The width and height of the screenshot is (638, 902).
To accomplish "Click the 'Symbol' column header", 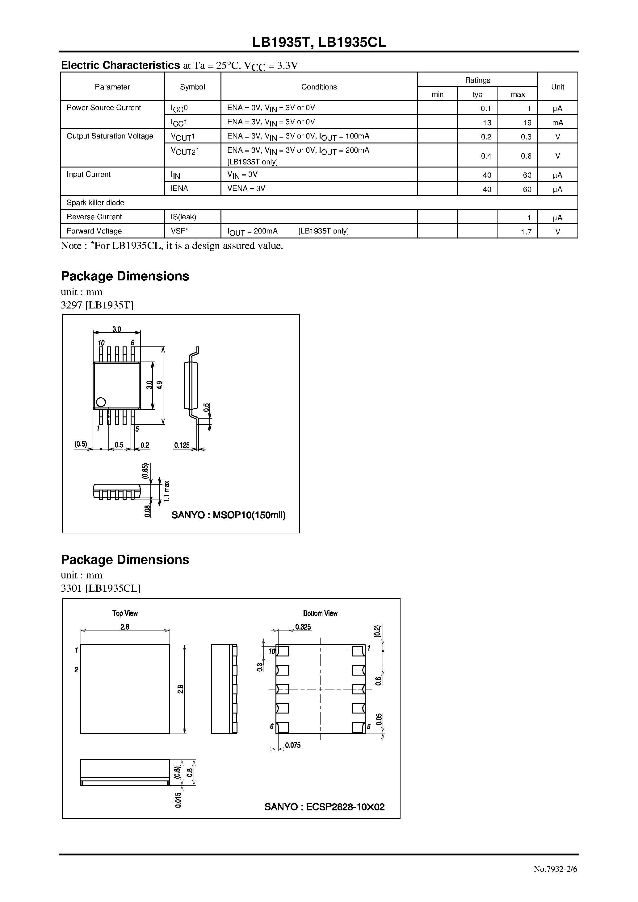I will pyautogui.click(x=192, y=87).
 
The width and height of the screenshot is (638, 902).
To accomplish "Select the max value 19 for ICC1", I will pyautogui.click(x=527, y=122).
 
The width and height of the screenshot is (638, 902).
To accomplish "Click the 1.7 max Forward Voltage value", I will pyautogui.click(x=526, y=232).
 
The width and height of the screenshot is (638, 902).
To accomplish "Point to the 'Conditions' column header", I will pyautogui.click(x=319, y=87).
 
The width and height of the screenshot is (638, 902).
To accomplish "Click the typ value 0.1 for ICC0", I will pyautogui.click(x=486, y=108).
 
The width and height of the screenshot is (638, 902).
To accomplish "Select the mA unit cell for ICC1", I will pyautogui.click(x=557, y=122).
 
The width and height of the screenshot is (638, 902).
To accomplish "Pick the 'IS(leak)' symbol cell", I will pyautogui.click(x=183, y=217).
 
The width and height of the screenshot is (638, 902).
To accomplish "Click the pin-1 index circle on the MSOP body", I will pyautogui.click(x=101, y=402).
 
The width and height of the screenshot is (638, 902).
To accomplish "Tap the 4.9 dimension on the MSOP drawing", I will pyautogui.click(x=160, y=385).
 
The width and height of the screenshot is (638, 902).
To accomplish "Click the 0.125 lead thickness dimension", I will pyautogui.click(x=182, y=445).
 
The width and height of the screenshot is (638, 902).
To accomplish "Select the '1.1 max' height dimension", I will pyautogui.click(x=167, y=491).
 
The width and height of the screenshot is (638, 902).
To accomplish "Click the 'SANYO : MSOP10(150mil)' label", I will pyautogui.click(x=229, y=515).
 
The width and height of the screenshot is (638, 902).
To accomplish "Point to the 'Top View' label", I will pyautogui.click(x=125, y=613).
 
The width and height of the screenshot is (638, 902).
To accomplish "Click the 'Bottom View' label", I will pyautogui.click(x=320, y=613).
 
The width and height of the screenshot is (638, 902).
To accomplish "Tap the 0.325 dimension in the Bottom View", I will pyautogui.click(x=303, y=627).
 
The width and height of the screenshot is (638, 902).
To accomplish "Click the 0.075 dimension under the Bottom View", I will pyautogui.click(x=293, y=745).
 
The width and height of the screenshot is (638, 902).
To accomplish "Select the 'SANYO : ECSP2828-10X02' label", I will pyautogui.click(x=325, y=807).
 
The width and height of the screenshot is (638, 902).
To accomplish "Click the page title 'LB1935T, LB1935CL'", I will pyautogui.click(x=319, y=42).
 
